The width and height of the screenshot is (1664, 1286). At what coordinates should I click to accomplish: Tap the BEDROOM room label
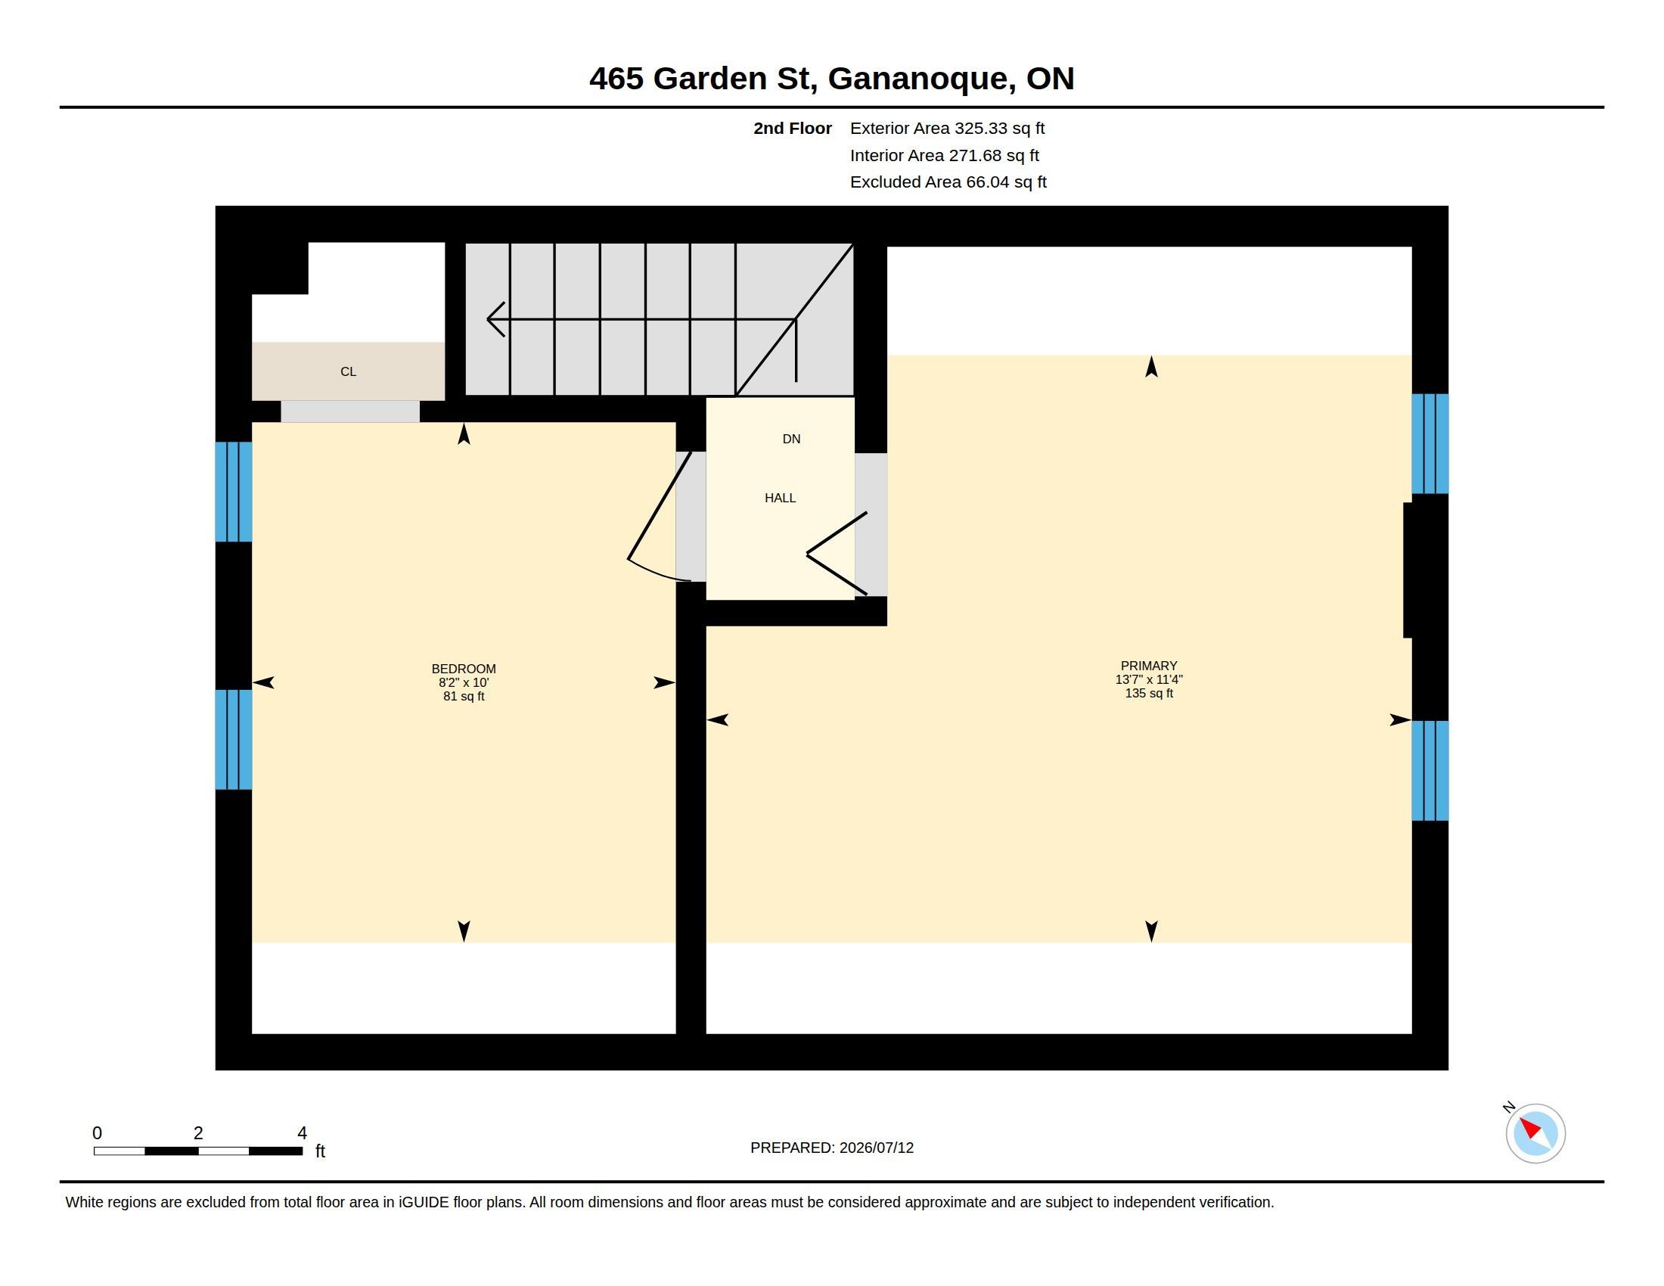[463, 669]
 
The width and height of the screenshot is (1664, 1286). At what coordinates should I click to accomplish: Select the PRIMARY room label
[1149, 666]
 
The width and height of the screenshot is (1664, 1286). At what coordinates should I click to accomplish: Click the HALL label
[781, 499]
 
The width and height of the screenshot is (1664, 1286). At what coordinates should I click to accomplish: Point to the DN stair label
[792, 439]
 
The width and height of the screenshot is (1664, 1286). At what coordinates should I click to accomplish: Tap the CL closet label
[348, 371]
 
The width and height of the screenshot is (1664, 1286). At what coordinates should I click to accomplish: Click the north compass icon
[1535, 1133]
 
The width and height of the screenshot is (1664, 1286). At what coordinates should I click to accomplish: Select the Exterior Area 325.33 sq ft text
[947, 129]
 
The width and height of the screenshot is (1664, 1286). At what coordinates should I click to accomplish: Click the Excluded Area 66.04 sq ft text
[948, 182]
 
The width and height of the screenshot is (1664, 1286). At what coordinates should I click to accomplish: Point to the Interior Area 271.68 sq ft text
[944, 155]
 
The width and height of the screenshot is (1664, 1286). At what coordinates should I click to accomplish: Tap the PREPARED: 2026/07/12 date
[832, 1148]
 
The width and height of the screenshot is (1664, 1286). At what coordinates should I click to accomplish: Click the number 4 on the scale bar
[303, 1133]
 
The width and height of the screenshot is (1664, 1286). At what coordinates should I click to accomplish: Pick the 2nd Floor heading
[793, 129]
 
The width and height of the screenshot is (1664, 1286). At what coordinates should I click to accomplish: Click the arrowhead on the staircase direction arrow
[495, 319]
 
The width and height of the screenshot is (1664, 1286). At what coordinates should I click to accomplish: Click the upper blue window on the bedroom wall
[233, 492]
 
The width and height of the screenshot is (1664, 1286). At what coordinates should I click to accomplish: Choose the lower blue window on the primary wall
[1430, 770]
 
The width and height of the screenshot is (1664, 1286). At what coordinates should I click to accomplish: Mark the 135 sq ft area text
[1149, 693]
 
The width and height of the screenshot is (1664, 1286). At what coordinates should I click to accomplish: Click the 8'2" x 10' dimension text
[463, 682]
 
